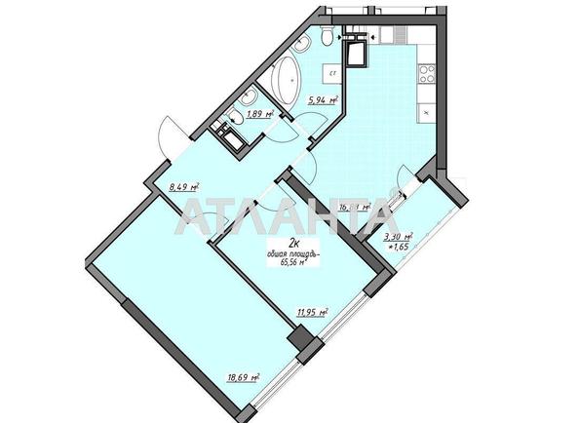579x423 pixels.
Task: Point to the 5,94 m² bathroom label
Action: [323, 99]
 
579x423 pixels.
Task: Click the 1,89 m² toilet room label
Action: [258, 114]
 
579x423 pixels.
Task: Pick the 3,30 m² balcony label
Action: [399, 237]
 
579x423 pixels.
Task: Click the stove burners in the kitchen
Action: [426, 72]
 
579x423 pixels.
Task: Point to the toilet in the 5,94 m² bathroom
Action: [303, 43]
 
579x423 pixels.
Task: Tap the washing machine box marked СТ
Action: [332, 73]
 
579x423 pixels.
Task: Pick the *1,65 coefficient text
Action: [400, 250]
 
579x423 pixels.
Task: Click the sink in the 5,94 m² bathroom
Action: [327, 39]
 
